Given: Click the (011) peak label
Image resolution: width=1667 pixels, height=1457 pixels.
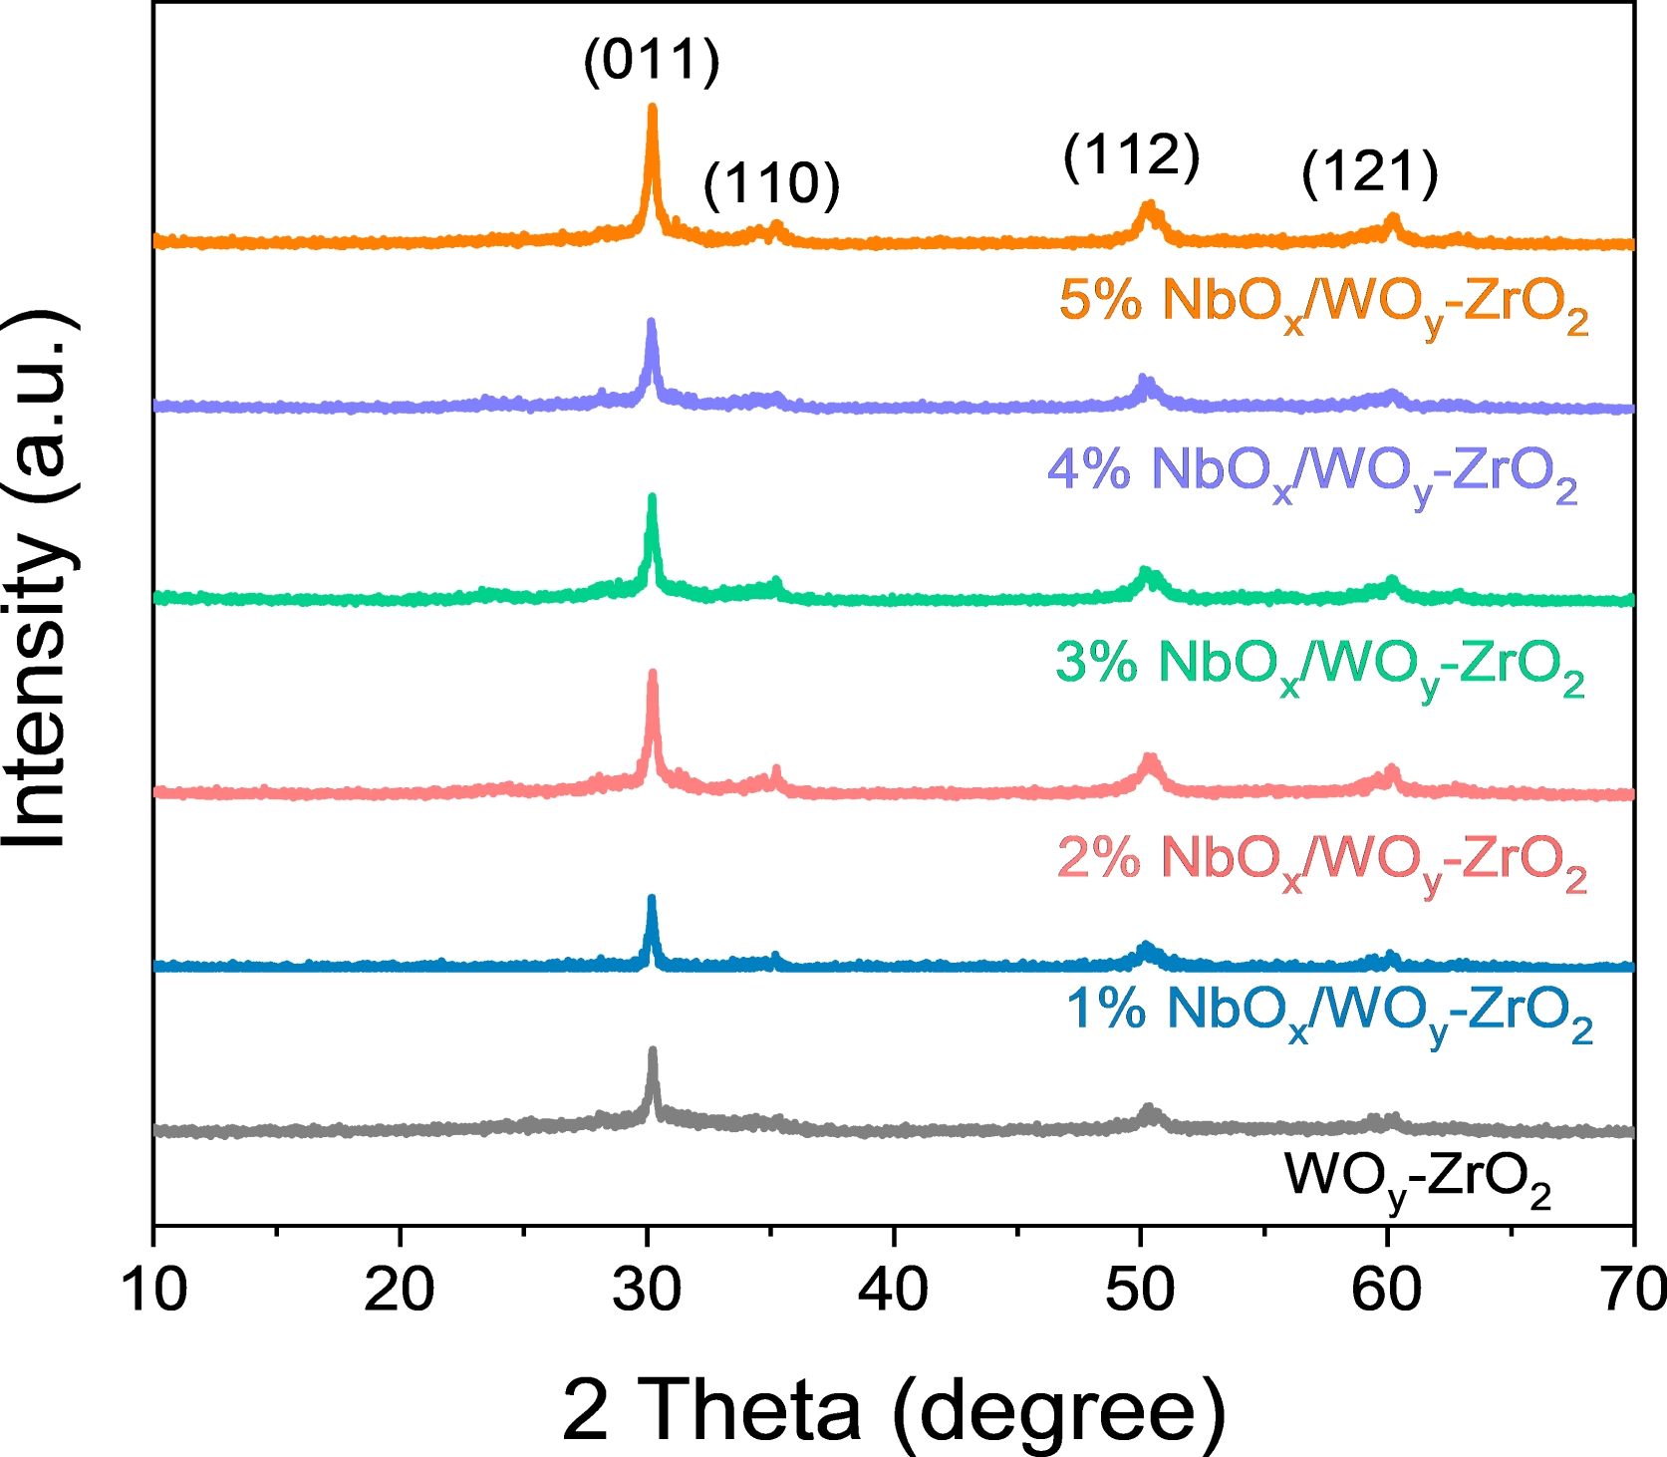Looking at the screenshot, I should point(652,61).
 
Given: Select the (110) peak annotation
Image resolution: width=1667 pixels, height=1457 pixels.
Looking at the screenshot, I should point(772,184).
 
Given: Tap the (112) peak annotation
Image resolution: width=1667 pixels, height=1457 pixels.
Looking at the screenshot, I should point(1131,156).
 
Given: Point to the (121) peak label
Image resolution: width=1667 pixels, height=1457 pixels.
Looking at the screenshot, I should point(1370,172).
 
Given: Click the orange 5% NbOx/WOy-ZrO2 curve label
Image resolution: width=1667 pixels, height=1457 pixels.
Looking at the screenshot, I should point(1322,301).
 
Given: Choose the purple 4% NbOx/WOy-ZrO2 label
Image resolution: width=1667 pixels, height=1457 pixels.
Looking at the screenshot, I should point(1312,470).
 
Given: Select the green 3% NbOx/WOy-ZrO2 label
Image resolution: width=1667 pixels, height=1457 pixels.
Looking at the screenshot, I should point(1319,663).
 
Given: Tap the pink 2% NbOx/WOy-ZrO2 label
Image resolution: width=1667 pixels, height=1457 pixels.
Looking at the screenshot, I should point(1321,858).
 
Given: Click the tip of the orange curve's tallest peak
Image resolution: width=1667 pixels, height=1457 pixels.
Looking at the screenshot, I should point(653,107).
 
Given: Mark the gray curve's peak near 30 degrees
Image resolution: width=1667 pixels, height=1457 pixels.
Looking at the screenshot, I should point(653,1050).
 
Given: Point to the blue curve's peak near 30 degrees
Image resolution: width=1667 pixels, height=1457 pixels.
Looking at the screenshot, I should point(652,898).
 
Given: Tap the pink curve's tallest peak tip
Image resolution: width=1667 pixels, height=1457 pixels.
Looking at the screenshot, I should point(653,673).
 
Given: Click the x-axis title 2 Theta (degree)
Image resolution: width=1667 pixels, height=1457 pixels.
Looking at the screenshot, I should point(894,1410).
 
